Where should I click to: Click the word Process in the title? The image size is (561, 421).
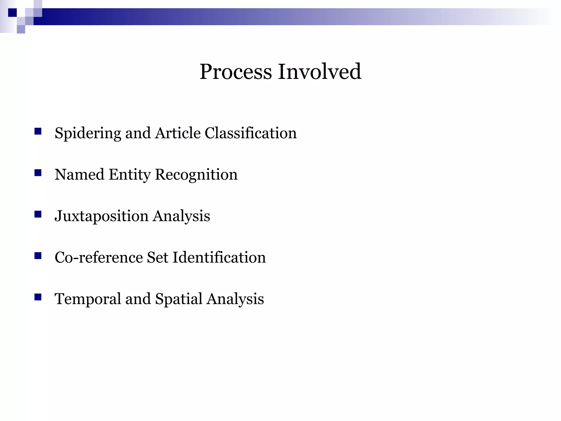236,72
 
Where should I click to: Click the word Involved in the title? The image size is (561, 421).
320,72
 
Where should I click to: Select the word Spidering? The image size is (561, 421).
88,133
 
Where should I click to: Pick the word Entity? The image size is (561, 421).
130,175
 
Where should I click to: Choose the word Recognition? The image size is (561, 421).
196,175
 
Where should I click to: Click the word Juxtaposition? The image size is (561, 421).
101,216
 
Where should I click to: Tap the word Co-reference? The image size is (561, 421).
99,257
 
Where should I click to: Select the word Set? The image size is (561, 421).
157,257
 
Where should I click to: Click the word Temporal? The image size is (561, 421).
88,299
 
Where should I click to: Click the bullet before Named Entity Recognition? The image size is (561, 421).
38,173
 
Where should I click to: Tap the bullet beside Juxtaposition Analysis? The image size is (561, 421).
38,214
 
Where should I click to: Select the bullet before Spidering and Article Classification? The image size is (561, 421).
38,131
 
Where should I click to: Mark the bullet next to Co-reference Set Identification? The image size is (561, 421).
38,256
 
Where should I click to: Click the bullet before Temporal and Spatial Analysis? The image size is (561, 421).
38,297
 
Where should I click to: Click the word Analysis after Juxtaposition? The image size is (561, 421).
181,216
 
